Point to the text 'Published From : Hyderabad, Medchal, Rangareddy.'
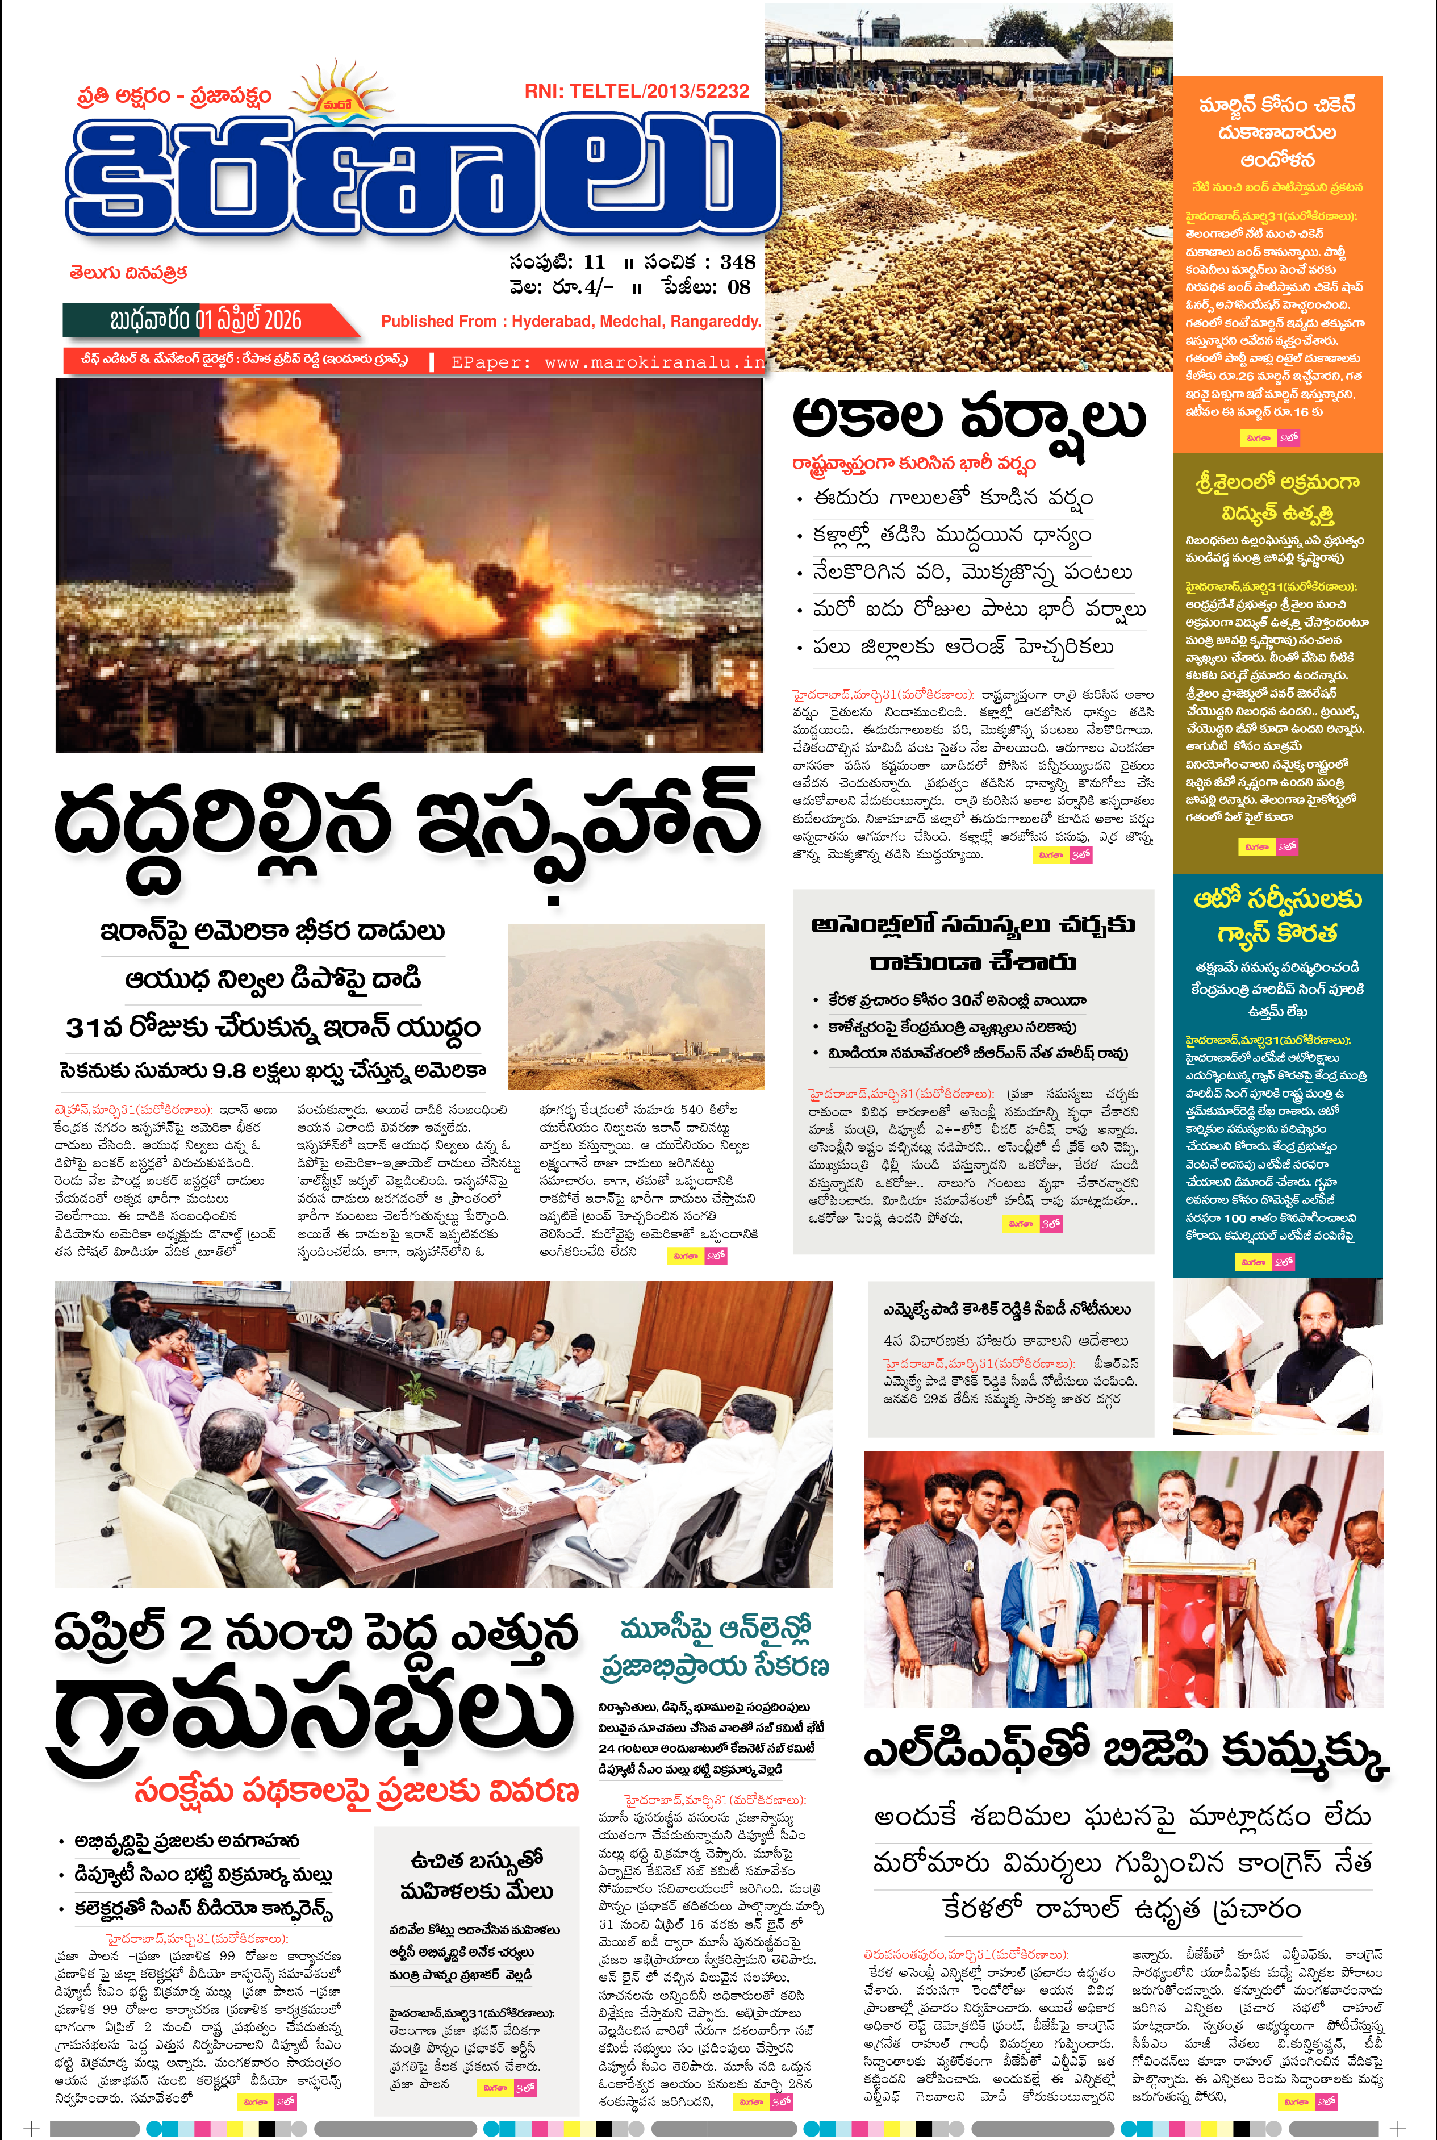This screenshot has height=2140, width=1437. click(x=571, y=322)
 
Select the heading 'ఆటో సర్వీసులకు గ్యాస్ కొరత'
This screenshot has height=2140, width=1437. click(x=1277, y=916)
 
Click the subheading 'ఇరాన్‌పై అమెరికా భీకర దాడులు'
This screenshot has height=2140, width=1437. click(x=272, y=932)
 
